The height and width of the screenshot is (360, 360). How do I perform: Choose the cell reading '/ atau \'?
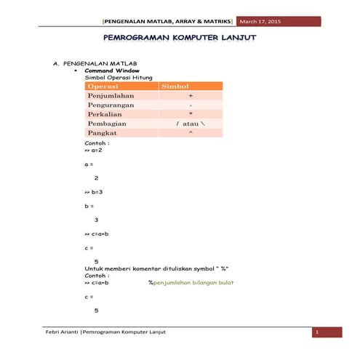click(190, 124)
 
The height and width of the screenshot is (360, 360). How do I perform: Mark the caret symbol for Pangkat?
click(190, 134)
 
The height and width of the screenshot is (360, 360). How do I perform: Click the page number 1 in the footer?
click(316, 332)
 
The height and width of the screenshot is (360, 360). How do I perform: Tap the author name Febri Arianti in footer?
click(59, 332)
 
